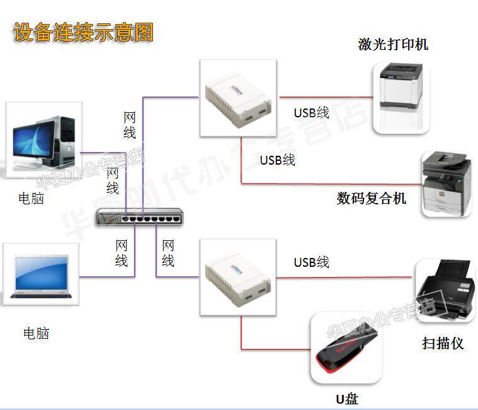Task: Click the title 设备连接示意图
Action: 83,32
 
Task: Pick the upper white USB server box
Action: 238,99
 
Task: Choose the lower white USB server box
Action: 238,276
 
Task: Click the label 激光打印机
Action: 393,44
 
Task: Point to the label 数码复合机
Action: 371,199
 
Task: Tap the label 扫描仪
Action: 443,344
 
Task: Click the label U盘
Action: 346,398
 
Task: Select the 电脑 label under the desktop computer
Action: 31,199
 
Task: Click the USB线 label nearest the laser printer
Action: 312,113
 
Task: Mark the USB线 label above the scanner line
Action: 312,262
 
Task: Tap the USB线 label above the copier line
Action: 278,160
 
